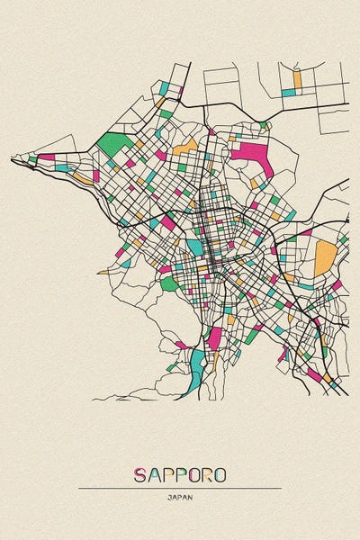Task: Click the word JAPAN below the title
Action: coord(180,497)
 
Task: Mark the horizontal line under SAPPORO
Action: coord(180,488)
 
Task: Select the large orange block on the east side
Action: coord(324,258)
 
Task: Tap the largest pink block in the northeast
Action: coord(251,154)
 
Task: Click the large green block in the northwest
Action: coord(114,143)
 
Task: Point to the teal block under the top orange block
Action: coord(288,92)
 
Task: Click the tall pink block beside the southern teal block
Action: coord(214,339)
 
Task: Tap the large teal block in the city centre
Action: coord(195,246)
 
